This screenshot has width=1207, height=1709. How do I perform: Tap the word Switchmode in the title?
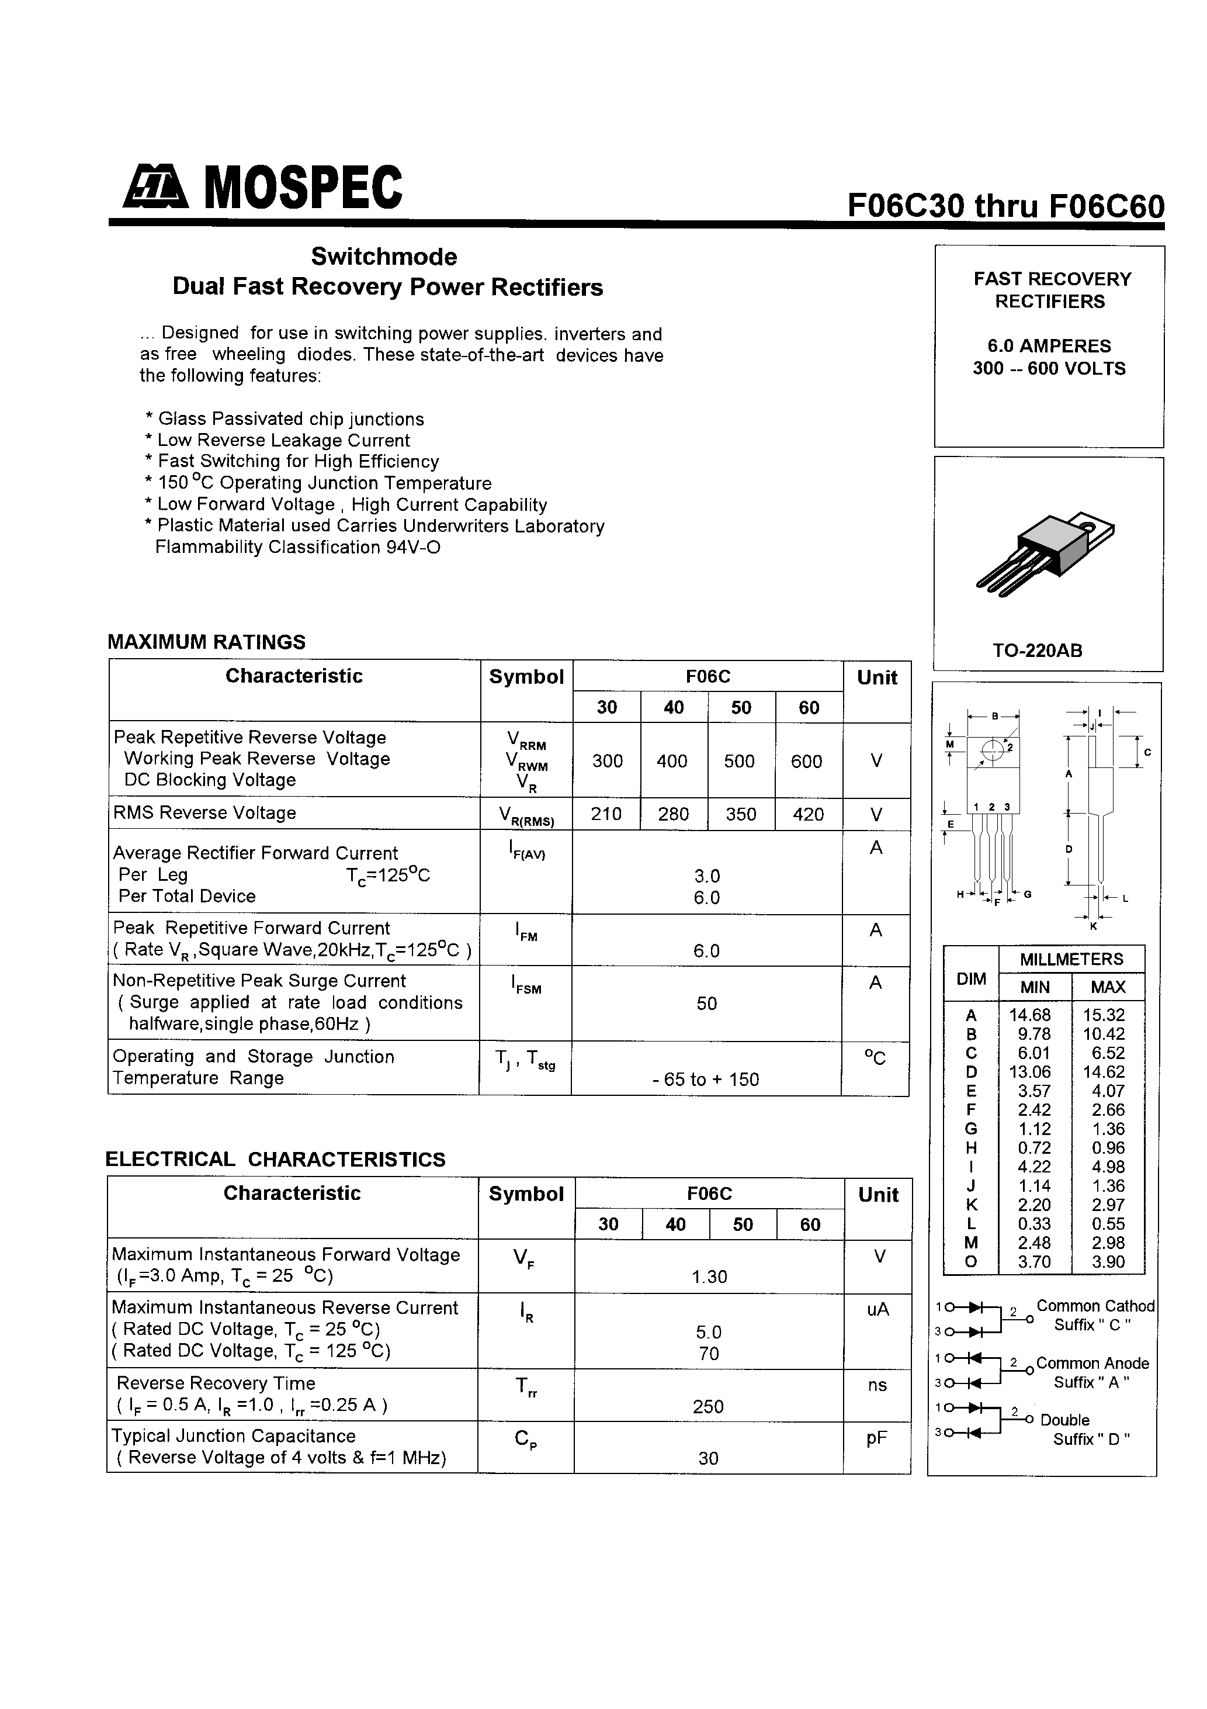point(384,257)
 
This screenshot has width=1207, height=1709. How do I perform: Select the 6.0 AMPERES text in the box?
point(1049,346)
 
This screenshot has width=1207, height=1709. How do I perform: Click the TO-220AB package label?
point(1038,651)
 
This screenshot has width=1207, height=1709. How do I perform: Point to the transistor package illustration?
point(1046,555)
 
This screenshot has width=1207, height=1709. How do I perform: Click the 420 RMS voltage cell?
point(808,814)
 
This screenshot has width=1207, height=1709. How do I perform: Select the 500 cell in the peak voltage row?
point(740,761)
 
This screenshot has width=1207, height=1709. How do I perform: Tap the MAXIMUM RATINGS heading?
point(207,642)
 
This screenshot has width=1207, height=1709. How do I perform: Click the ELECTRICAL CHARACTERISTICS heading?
point(275,1159)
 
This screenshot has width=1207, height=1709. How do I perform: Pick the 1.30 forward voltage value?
point(709,1277)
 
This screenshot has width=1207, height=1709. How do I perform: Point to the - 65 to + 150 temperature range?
point(706,1080)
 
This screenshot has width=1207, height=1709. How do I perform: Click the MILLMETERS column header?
point(1071,960)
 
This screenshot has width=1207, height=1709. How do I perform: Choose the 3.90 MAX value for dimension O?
point(1108,1262)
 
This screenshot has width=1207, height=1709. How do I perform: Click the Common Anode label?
point(1092,1363)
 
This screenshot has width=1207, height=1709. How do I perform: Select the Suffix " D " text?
point(1091,1440)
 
